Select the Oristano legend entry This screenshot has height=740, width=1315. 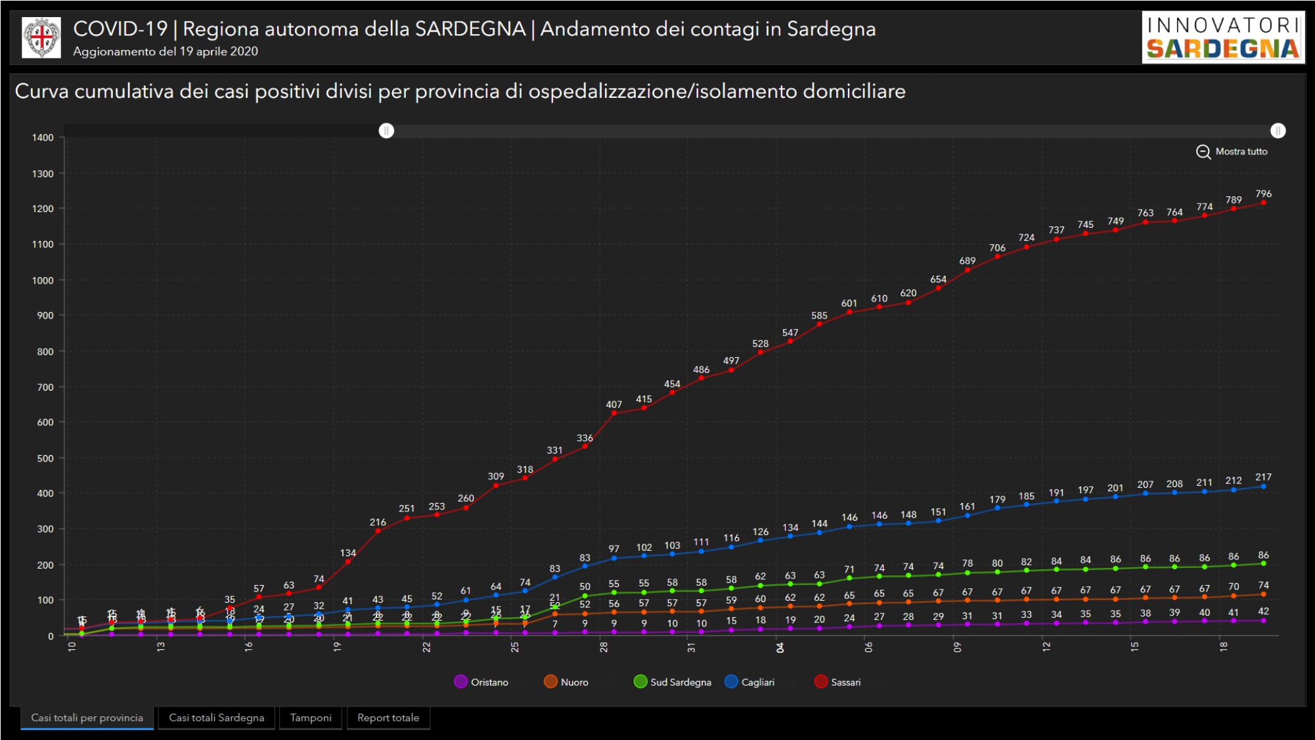(x=481, y=682)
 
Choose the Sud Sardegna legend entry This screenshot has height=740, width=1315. (x=673, y=682)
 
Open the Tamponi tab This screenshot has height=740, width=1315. (x=311, y=718)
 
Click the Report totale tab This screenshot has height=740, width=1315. (x=388, y=718)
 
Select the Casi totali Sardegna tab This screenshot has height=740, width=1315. (x=217, y=718)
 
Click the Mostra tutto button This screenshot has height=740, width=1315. (x=1232, y=152)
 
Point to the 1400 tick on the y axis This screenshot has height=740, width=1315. (x=43, y=138)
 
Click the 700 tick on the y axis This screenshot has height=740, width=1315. (x=45, y=387)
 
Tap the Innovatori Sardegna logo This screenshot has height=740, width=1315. (x=1223, y=37)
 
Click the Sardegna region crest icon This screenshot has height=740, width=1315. (x=41, y=37)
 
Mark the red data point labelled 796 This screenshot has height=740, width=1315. (x=1263, y=203)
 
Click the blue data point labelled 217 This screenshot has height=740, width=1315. (x=1263, y=487)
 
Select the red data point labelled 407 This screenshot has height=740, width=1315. (x=614, y=413)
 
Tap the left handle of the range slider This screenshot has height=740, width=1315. (x=387, y=131)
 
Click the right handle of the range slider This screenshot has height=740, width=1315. (x=1278, y=131)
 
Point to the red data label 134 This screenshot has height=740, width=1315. (x=348, y=553)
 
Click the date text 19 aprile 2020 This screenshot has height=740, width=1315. (x=219, y=51)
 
